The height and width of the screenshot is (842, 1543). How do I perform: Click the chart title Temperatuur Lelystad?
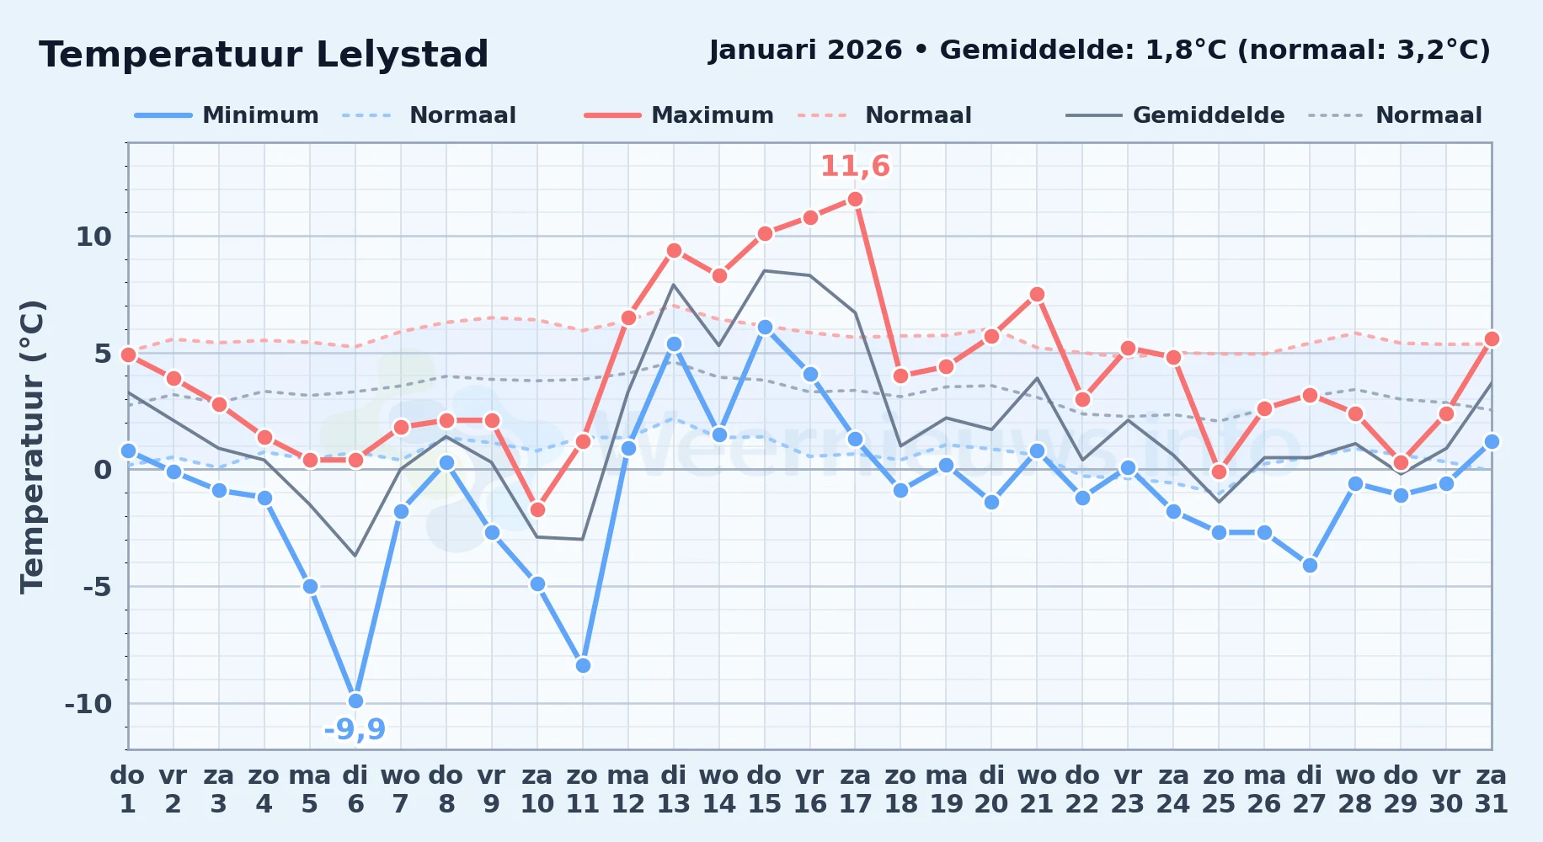pyautogui.click(x=264, y=55)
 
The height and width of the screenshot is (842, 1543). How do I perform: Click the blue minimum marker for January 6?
pyautogui.click(x=355, y=701)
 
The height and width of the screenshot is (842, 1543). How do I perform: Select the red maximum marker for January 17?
pyautogui.click(x=855, y=199)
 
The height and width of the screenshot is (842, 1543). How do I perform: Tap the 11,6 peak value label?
pyautogui.click(x=855, y=166)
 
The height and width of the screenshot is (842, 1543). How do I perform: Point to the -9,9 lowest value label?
pyautogui.click(x=355, y=729)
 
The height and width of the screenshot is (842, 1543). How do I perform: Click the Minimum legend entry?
pyautogui.click(x=227, y=115)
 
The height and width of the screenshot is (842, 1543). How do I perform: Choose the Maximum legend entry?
pyautogui.click(x=679, y=115)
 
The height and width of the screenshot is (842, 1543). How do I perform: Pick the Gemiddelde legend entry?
pyautogui.click(x=1175, y=115)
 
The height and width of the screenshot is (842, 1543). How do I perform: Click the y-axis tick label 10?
pyautogui.click(x=93, y=237)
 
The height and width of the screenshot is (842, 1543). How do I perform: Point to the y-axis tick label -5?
pyautogui.click(x=97, y=587)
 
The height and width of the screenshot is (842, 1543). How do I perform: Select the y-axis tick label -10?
pyautogui.click(x=88, y=704)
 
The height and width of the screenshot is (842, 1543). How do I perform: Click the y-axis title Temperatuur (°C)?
pyautogui.click(x=32, y=446)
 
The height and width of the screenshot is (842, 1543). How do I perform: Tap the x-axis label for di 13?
pyautogui.click(x=673, y=789)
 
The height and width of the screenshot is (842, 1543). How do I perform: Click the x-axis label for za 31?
pyautogui.click(x=1491, y=789)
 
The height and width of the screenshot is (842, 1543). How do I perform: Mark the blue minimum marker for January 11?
pyautogui.click(x=583, y=665)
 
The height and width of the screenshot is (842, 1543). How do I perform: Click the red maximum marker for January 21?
pyautogui.click(x=1037, y=294)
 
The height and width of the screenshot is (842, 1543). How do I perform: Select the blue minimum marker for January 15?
pyautogui.click(x=765, y=327)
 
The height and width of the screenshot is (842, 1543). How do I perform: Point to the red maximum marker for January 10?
pyautogui.click(x=537, y=509)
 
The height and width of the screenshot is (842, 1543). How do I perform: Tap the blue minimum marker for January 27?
pyautogui.click(x=1310, y=565)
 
